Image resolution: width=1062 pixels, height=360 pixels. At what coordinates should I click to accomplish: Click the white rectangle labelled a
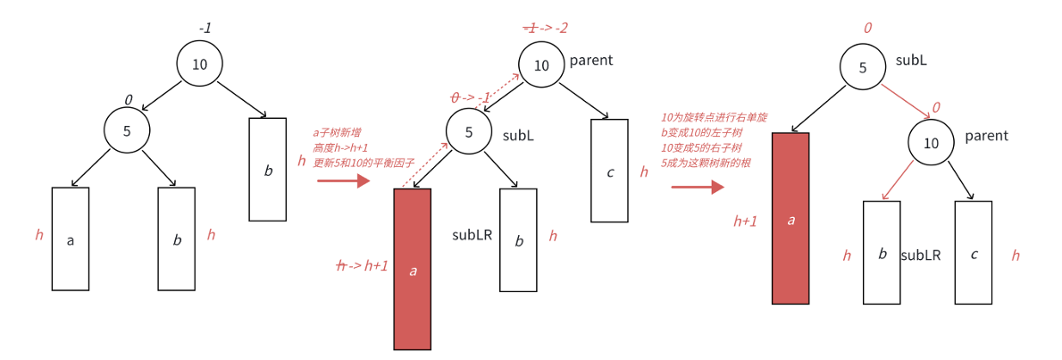coord(71,239)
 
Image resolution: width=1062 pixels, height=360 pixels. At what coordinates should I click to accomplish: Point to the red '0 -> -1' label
coord(471,97)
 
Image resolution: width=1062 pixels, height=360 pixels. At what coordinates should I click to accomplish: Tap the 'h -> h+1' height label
coord(362,265)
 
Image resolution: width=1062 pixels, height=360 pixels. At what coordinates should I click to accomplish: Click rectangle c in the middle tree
coord(610,172)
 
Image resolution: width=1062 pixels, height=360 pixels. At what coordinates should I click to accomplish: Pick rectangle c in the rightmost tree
coord(974,253)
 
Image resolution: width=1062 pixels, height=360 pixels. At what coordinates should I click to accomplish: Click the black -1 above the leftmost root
coord(205,29)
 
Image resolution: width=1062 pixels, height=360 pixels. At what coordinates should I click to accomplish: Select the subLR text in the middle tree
coord(472,235)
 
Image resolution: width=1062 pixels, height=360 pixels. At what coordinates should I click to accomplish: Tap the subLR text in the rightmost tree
coord(920,255)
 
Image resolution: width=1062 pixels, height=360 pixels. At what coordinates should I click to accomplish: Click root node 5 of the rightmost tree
coord(863,67)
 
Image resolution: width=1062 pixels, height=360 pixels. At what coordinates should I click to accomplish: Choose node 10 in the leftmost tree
coord(199,64)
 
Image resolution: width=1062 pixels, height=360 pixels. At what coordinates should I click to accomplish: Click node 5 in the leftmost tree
coord(127,130)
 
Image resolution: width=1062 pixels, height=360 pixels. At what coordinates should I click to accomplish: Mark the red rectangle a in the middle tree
coord(413,269)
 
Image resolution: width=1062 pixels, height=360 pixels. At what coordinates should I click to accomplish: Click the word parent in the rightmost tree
coord(986,136)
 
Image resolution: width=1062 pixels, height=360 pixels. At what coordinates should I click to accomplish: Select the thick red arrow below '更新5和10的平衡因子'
coord(343,180)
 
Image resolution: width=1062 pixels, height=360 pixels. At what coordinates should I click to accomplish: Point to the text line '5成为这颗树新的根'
coord(705,163)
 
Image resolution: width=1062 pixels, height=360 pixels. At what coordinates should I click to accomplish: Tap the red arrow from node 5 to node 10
coord(907,101)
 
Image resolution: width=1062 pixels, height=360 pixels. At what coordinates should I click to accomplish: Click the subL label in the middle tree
coord(518,136)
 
